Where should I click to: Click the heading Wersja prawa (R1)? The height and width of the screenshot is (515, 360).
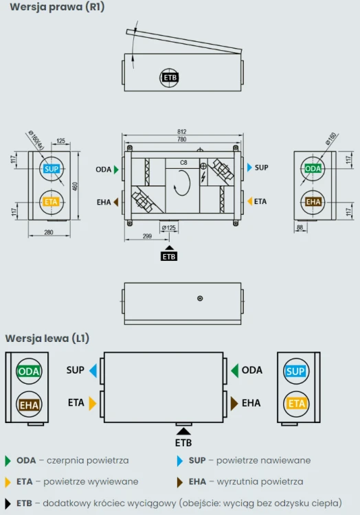(57, 7)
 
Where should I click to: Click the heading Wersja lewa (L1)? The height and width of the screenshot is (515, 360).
(47, 339)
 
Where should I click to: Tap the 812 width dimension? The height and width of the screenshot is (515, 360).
(181, 131)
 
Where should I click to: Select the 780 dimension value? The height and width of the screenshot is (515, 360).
(181, 139)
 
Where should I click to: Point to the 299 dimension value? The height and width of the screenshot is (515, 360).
(147, 236)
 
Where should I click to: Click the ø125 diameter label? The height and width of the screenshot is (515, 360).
(168, 227)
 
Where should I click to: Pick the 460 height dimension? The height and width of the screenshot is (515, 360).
(75, 186)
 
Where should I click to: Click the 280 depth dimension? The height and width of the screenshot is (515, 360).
(49, 232)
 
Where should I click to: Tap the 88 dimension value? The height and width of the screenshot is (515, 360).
(300, 227)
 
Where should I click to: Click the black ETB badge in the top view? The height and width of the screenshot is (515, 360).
(170, 78)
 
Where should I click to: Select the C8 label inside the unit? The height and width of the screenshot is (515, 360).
(183, 163)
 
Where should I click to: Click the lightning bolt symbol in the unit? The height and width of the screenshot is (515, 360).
(203, 177)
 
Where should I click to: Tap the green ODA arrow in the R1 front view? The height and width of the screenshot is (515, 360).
(116, 170)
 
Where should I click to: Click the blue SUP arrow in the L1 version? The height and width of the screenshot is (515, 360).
(93, 371)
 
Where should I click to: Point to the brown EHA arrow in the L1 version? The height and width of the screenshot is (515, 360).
(234, 403)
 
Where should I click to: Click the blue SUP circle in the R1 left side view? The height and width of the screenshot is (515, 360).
(52, 169)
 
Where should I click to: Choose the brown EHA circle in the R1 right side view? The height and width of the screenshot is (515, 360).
(313, 202)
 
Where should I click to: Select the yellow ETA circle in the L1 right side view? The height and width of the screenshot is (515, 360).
(296, 404)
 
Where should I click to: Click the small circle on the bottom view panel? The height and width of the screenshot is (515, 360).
(200, 298)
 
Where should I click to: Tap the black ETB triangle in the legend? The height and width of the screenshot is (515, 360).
(8, 503)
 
